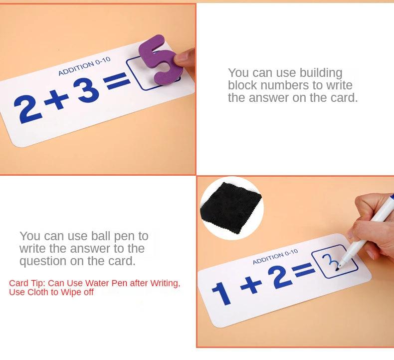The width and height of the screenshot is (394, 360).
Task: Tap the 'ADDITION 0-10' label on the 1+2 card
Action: (x=275, y=257)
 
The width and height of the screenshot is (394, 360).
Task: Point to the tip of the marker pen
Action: (x=338, y=270)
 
